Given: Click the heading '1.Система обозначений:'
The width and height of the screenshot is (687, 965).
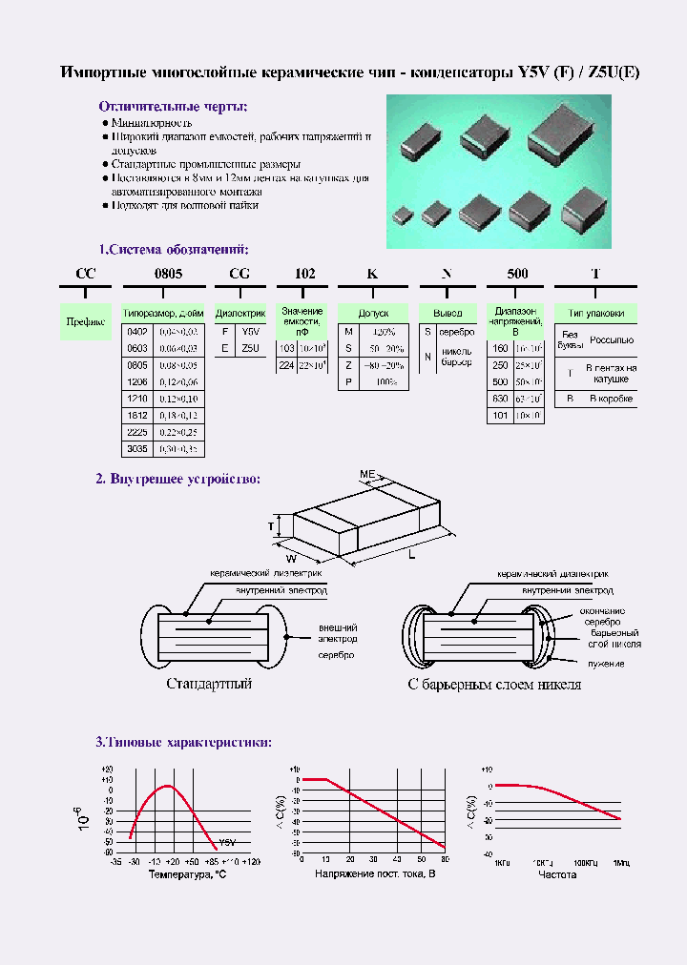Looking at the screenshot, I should tap(173, 250).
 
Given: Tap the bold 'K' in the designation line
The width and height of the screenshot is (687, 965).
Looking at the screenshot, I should tap(373, 274).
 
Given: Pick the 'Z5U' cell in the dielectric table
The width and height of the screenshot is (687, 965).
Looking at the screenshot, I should tap(249, 348).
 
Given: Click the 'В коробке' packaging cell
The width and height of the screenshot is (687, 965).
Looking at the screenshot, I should tap(610, 398).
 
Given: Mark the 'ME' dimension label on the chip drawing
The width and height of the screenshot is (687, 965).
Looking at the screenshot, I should tap(367, 474).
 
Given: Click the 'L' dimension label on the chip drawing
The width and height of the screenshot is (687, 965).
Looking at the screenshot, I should tap(412, 555).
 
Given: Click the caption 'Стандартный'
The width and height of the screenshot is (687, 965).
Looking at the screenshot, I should tap(209, 684).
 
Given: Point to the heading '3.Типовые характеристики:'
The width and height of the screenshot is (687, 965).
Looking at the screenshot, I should tap(183, 742).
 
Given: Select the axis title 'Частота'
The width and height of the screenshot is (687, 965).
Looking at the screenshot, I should tap(557, 873).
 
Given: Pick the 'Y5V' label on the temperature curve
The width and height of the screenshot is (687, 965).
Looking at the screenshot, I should tap(227, 843).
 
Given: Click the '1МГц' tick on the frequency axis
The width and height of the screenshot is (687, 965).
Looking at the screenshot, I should tap(621, 863).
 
